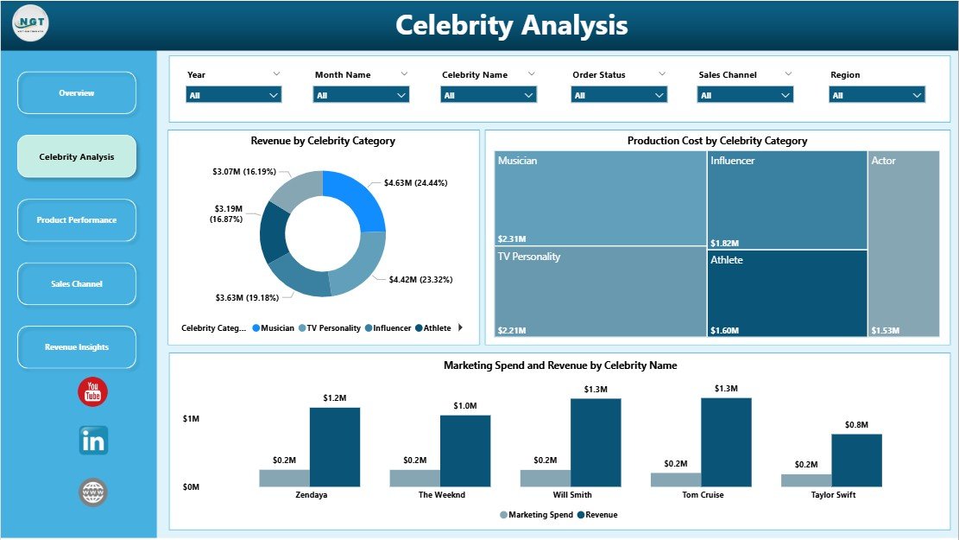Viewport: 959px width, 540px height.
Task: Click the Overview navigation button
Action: pos(77,92)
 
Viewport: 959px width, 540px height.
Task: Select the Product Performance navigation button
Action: pos(77,220)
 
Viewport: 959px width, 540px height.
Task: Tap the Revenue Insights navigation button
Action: pos(77,347)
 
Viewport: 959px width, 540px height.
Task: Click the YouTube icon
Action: pos(93,391)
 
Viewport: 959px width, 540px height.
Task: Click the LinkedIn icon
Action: pos(93,441)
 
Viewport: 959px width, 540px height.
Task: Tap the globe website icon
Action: pos(93,492)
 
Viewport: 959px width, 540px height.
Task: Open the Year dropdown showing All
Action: pos(234,95)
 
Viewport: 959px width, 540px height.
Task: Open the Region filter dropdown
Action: pos(877,95)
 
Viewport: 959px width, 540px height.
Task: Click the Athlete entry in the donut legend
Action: pos(433,328)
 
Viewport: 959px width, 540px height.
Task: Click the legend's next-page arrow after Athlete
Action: pos(460,327)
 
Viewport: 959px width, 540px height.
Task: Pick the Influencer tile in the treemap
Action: pos(787,200)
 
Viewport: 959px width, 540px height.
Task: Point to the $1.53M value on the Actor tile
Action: pos(884,330)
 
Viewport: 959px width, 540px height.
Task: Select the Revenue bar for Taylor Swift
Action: pos(856,461)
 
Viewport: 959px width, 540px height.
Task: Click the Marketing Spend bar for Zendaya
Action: pos(284,478)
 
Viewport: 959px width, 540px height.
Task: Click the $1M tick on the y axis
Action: pos(192,418)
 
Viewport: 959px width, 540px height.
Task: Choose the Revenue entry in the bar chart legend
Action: pos(597,515)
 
